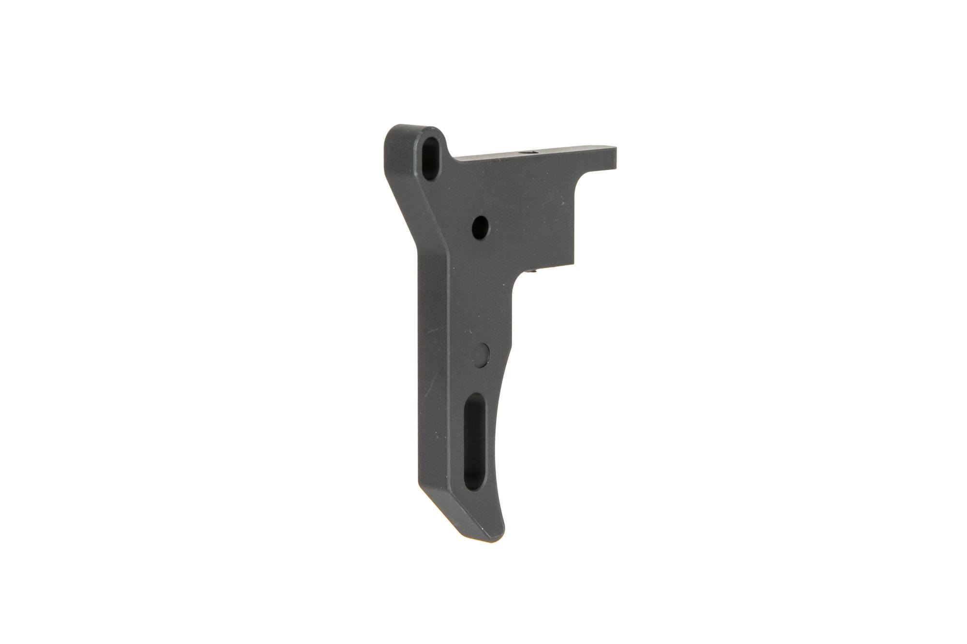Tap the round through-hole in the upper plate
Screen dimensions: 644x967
480,225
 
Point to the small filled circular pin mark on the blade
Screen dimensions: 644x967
481,355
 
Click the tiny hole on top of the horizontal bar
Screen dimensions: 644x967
530,153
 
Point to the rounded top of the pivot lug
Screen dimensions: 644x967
413,129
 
